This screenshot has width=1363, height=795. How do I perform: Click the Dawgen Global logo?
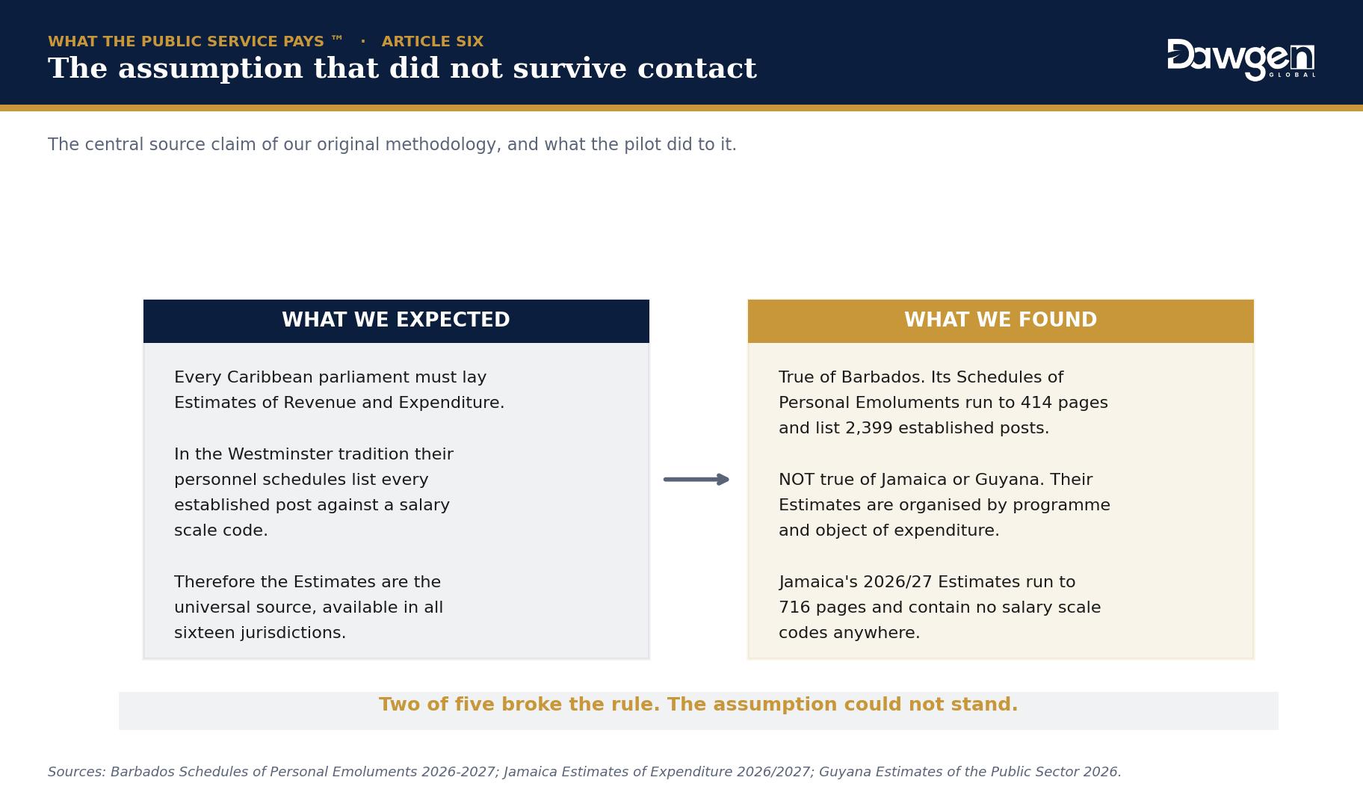click(x=1241, y=59)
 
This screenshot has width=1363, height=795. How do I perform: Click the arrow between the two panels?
click(x=696, y=480)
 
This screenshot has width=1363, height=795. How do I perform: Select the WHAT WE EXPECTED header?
click(x=396, y=321)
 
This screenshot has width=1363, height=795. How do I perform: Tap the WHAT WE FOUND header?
click(x=1001, y=321)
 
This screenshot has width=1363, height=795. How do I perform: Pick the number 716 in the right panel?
click(x=794, y=607)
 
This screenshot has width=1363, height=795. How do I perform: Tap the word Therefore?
click(x=211, y=582)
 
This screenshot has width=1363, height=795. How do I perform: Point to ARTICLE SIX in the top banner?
click(x=433, y=42)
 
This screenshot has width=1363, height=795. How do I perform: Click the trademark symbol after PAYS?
click(x=337, y=38)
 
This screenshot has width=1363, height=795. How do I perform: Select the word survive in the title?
click(x=548, y=69)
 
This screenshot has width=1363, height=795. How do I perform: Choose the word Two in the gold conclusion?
click(x=398, y=705)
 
